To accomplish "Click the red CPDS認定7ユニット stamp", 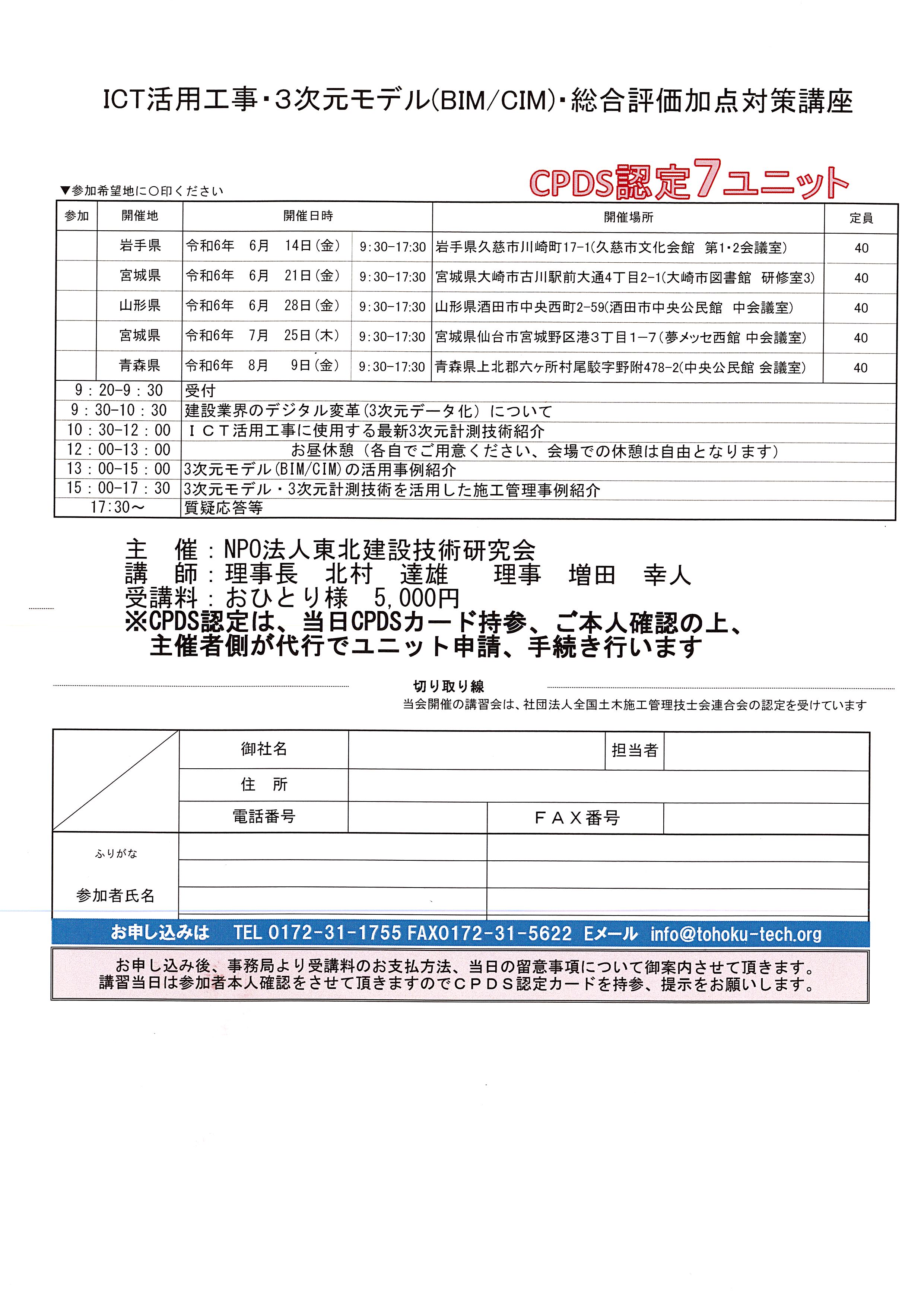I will pyautogui.click(x=689, y=181).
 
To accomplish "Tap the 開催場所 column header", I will pyautogui.click(x=628, y=217).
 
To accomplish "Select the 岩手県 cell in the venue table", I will pyautogui.click(x=140, y=246).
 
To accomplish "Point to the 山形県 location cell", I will pyautogui.click(x=140, y=306).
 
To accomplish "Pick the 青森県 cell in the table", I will pyautogui.click(x=140, y=366).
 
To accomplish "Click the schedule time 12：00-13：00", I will pyautogui.click(x=118, y=450).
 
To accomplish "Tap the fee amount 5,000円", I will pyautogui.click(x=416, y=598).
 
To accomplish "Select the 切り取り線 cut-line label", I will pyautogui.click(x=448, y=687).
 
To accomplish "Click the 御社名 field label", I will pyautogui.click(x=264, y=749).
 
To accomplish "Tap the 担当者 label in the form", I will pyautogui.click(x=634, y=751).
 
